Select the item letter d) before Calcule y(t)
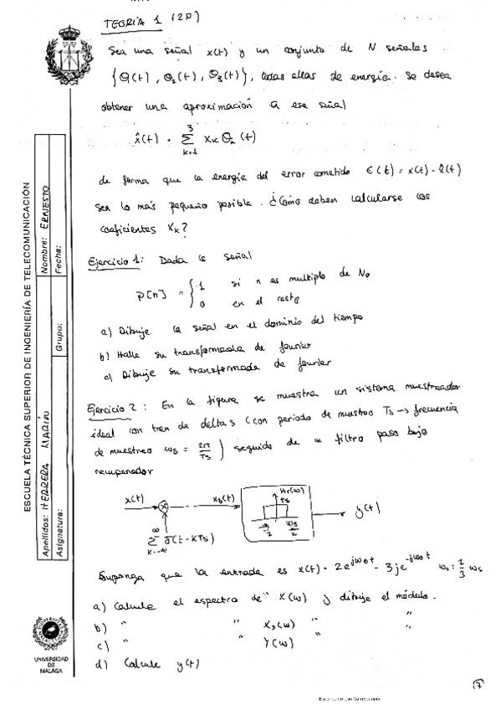(x=102, y=665)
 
